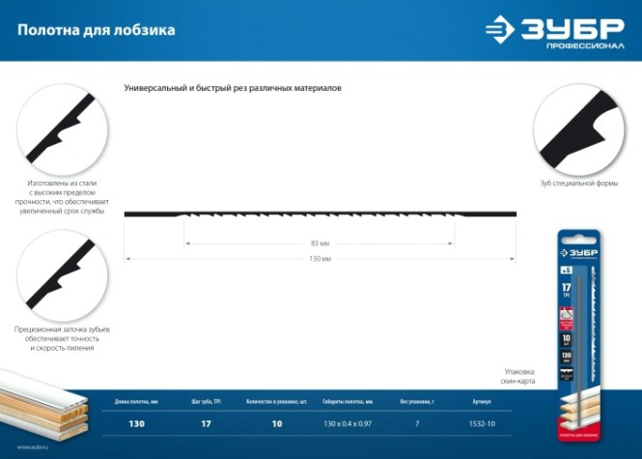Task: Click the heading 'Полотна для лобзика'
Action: (x=96, y=30)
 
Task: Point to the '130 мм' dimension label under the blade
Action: (x=321, y=259)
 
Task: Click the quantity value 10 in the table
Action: (x=277, y=424)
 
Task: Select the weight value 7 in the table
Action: (x=418, y=424)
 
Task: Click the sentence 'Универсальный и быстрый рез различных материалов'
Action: (x=233, y=88)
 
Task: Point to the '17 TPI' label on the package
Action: (x=567, y=289)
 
